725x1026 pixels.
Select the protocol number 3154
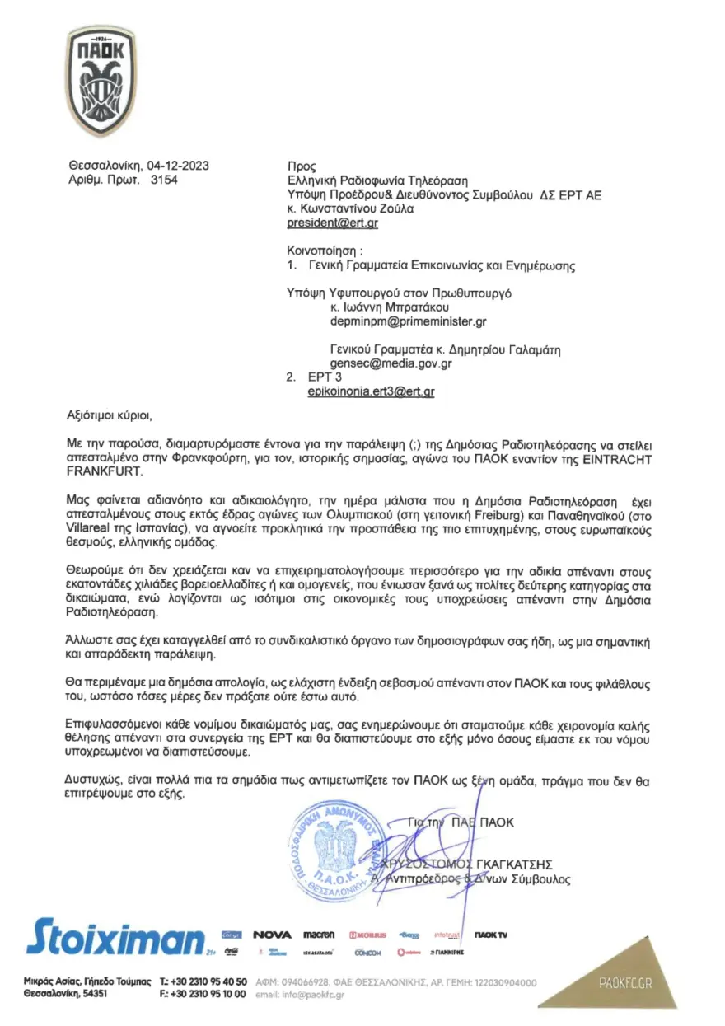point(164,179)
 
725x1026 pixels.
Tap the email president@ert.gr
point(332,223)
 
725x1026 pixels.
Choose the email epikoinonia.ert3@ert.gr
point(371,392)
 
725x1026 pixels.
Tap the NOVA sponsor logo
point(272,935)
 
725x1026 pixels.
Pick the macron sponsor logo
point(319,935)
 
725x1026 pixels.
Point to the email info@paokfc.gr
point(312,995)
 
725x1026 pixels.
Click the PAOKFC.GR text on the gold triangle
point(625,983)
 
